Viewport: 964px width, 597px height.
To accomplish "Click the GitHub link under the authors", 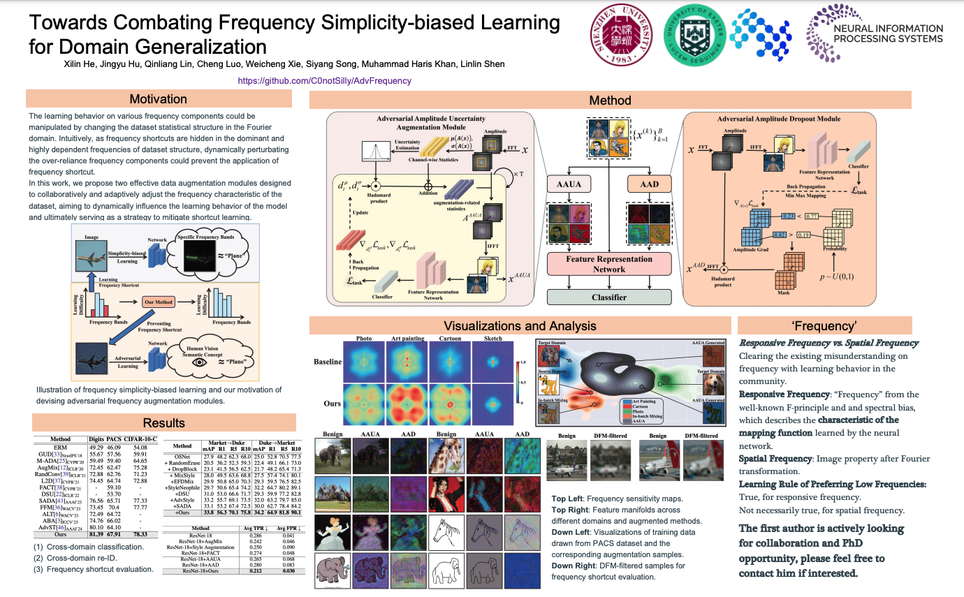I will point(324,80).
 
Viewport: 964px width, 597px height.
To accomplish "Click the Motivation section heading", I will point(159,99).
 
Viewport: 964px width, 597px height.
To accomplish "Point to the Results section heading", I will point(163,423).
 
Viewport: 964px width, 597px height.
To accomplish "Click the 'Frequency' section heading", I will point(824,325).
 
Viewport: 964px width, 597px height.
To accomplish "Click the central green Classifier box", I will point(608,297).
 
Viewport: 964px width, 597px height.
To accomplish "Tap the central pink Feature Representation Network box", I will point(608,264).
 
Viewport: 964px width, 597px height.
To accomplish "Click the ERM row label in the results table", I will point(60,447).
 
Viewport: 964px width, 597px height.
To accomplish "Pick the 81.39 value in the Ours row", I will point(96,535).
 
